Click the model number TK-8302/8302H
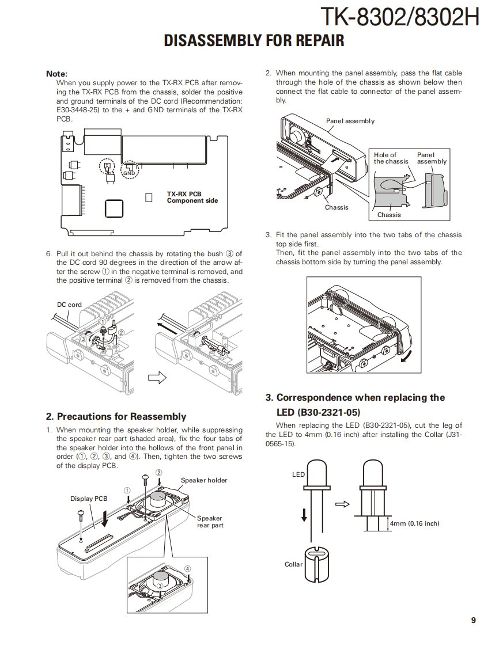point(399,18)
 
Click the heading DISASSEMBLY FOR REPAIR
point(254,40)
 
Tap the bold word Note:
point(56,74)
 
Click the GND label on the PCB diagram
point(129,173)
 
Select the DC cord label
point(69,305)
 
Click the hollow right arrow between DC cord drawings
point(157,378)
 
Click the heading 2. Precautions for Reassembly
point(116,416)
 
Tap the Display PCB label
point(89,499)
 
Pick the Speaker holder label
point(204,480)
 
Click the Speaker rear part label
point(210,522)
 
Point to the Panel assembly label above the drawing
point(350,121)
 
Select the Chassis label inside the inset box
point(389,215)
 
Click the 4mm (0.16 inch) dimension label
point(414,523)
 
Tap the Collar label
point(293,564)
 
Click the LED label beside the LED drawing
point(298,474)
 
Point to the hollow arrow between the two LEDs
point(342,504)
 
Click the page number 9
point(473,620)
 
